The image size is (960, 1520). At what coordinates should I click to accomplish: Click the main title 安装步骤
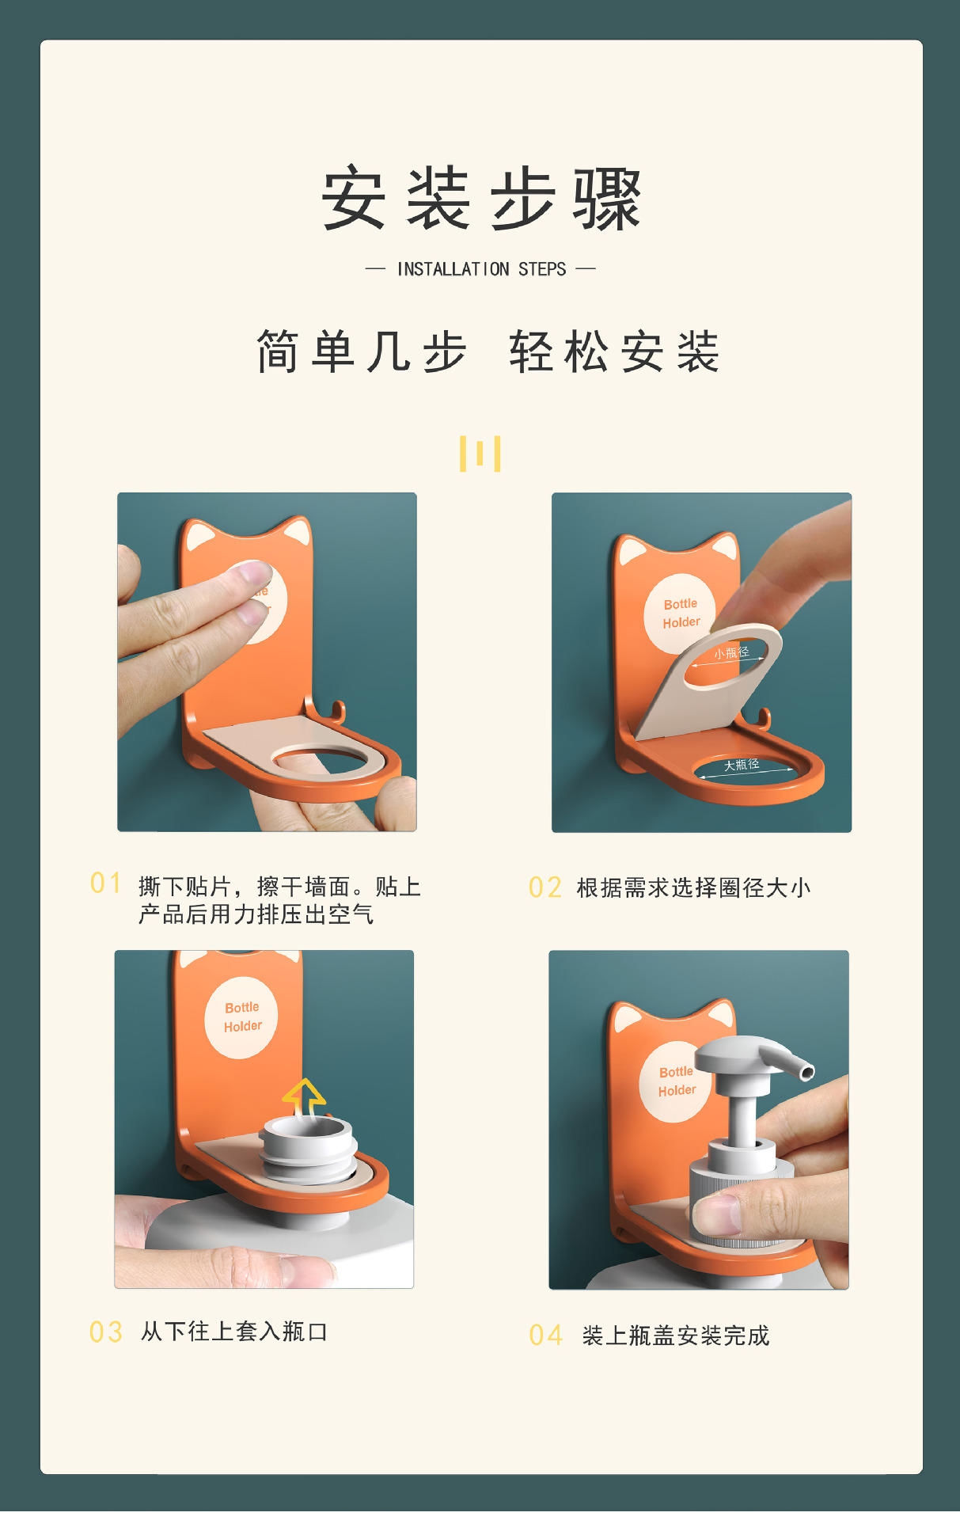[480, 199]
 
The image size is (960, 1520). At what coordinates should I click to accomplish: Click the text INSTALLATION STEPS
[481, 269]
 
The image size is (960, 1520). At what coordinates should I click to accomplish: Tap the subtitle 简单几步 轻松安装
[488, 351]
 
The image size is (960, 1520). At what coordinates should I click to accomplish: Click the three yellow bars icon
[480, 453]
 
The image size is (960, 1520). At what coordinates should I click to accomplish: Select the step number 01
[106, 883]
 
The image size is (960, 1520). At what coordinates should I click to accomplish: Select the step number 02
[545, 888]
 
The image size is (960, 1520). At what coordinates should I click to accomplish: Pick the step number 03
[106, 1332]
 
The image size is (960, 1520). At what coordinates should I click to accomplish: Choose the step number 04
[546, 1336]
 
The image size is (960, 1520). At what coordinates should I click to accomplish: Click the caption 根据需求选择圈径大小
[694, 888]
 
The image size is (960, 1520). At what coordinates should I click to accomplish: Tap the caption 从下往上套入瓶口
[234, 1332]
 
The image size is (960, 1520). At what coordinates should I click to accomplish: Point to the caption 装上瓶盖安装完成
[676, 1336]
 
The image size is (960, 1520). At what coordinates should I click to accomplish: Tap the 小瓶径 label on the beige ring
[731, 653]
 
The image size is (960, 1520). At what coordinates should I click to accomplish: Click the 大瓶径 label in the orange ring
[742, 765]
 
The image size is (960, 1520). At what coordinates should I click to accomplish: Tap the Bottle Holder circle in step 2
[681, 614]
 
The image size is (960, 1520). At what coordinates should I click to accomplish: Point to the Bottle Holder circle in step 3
[241, 1017]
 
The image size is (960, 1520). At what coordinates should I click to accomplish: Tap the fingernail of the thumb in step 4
[716, 1214]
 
